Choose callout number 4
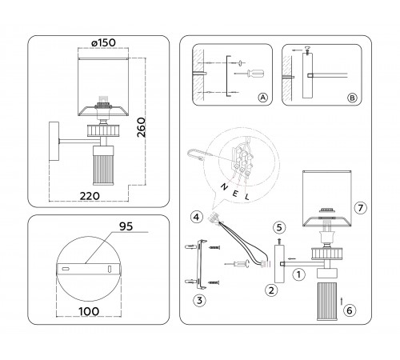(x=195, y=217)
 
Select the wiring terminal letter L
(x=247, y=196)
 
